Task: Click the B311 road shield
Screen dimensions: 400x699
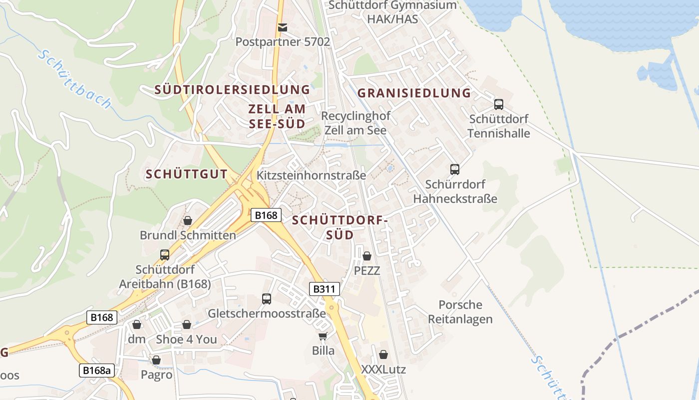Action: click(x=325, y=289)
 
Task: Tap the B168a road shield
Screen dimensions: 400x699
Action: click(x=96, y=370)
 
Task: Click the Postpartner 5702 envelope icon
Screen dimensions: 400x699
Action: click(x=283, y=27)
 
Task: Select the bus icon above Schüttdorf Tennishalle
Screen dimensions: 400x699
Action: click(x=498, y=104)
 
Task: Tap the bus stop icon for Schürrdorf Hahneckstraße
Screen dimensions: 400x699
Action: click(x=454, y=169)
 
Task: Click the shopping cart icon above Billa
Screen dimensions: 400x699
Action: click(x=323, y=336)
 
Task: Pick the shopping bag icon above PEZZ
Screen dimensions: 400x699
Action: click(x=367, y=256)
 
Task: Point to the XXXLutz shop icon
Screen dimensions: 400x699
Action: click(x=383, y=354)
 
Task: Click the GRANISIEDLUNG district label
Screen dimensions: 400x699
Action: click(x=414, y=93)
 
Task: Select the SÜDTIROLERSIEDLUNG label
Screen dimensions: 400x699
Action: click(x=232, y=90)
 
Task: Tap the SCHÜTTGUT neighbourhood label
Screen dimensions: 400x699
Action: click(x=186, y=174)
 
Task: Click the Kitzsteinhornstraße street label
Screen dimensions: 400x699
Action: click(x=311, y=175)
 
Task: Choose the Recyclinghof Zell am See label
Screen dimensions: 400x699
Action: click(x=355, y=122)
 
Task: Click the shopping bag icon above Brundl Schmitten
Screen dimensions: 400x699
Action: click(x=188, y=220)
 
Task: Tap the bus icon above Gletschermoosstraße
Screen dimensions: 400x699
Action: click(x=267, y=299)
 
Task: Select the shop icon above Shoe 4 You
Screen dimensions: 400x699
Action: click(x=186, y=324)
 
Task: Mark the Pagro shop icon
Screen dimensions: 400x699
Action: click(x=156, y=360)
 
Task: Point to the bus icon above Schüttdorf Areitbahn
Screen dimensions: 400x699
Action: click(x=165, y=255)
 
